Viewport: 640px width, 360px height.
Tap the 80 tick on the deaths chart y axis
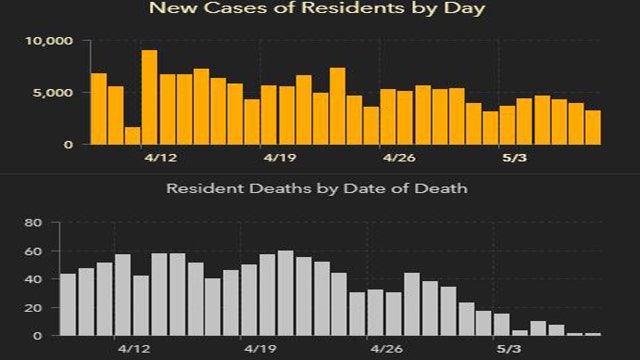[32, 223]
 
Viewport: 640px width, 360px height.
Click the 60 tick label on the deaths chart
[32, 251]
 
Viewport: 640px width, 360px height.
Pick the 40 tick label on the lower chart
[32, 279]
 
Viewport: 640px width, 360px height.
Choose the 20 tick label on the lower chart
[32, 307]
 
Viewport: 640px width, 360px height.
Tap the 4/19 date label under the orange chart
[280, 158]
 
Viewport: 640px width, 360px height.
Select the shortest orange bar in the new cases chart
[132, 136]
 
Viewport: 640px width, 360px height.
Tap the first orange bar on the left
[98, 109]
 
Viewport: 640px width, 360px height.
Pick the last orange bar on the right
[593, 127]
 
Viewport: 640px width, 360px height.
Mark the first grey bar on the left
[68, 304]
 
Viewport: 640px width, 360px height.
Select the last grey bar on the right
[593, 334]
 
